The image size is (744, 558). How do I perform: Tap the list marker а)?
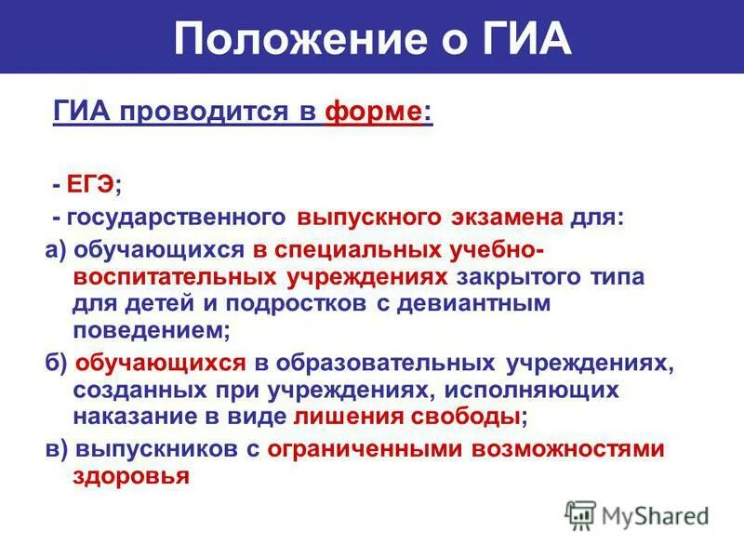[56, 251]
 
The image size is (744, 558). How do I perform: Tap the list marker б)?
[56, 363]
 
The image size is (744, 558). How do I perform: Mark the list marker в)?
[56, 449]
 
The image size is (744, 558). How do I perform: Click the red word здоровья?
[131, 475]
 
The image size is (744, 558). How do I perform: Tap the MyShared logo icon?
[580, 514]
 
